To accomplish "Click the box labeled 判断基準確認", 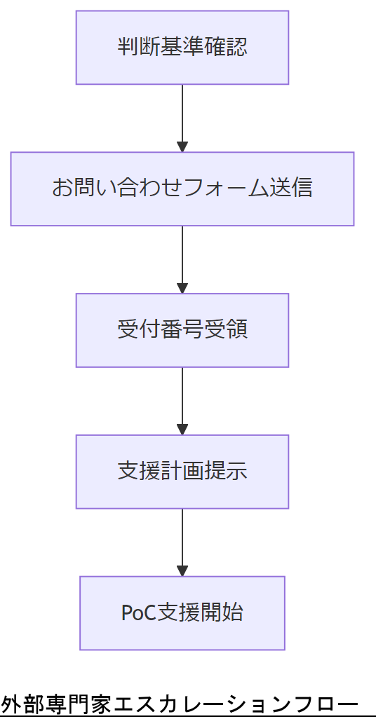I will click(182, 48).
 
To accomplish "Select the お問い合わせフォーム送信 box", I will click(182, 189).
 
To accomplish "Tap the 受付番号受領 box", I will click(182, 330).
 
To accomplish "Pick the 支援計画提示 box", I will click(182, 472).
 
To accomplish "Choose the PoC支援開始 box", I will click(182, 613).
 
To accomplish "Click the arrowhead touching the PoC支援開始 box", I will click(182, 570).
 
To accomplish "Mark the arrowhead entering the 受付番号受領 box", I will click(182, 288).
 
